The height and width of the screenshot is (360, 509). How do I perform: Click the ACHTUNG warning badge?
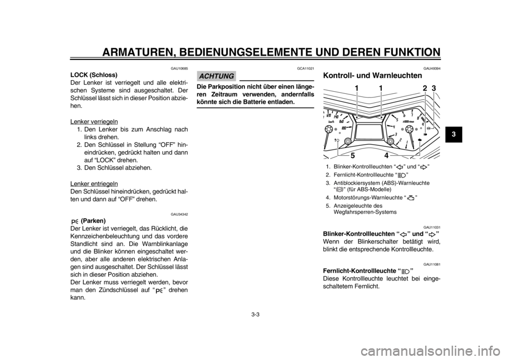(216, 76)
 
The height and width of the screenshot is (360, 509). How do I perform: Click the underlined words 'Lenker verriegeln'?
(94, 121)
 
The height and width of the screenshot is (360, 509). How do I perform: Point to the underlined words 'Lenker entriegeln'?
(94, 184)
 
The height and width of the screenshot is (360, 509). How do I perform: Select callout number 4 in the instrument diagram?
(387, 155)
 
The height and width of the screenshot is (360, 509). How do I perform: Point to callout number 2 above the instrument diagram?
(425, 88)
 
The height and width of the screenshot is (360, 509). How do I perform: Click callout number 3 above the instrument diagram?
(434, 88)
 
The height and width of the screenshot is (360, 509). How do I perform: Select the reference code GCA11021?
(306, 69)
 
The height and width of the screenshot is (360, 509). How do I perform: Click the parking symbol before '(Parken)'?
(74, 222)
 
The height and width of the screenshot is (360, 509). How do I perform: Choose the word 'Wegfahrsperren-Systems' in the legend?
(365, 212)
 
